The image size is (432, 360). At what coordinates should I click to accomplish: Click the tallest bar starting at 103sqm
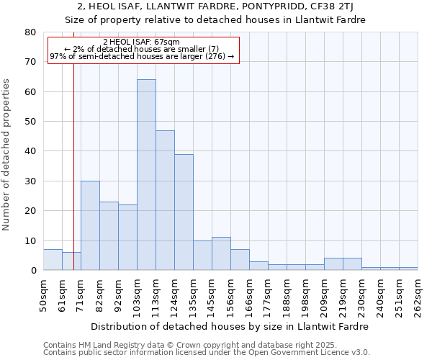[146, 175]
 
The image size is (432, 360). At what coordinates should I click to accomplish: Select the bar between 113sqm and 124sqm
[165, 200]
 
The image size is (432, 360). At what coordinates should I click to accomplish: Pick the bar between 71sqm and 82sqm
[90, 225]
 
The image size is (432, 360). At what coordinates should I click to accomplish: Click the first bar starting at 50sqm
[53, 260]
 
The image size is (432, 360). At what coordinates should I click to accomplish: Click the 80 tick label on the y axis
[30, 32]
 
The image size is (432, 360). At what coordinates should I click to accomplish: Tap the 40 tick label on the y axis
[30, 151]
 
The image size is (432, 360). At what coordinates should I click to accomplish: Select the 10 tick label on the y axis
[30, 241]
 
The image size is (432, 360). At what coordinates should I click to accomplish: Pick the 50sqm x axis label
[43, 295]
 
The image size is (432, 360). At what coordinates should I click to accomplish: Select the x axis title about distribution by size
[230, 326]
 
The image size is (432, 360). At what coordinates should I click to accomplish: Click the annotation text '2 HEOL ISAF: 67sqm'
[142, 42]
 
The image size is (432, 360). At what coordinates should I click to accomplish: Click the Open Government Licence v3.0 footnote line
[207, 353]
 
